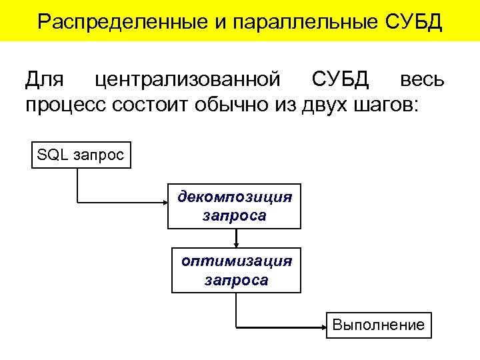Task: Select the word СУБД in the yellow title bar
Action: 414,21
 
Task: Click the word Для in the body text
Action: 45,80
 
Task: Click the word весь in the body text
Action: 422,80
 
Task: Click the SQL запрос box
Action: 81,155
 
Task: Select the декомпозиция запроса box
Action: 235,206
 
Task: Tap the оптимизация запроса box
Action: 237,270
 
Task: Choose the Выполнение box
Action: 379,325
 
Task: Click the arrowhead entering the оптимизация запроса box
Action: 236,245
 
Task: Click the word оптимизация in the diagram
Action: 237,261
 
